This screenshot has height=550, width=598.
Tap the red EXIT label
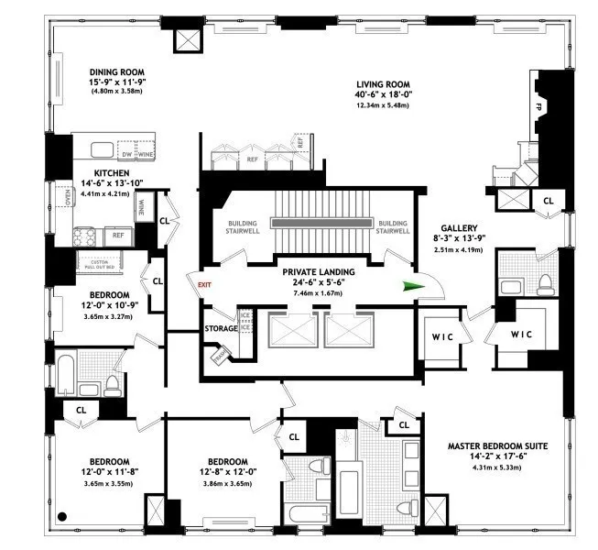click(204, 285)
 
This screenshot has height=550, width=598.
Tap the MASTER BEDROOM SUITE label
click(497, 446)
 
